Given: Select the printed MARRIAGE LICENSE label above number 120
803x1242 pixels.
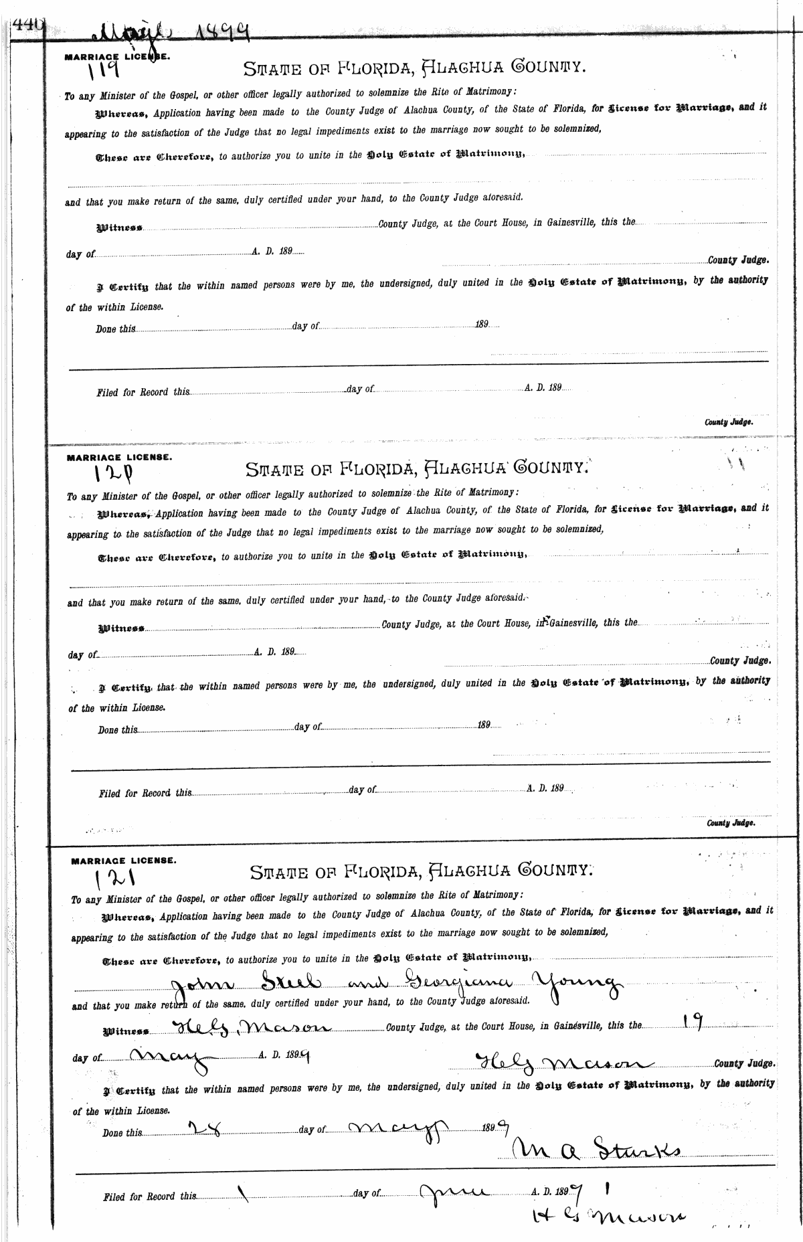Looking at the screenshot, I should click(118, 458).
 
